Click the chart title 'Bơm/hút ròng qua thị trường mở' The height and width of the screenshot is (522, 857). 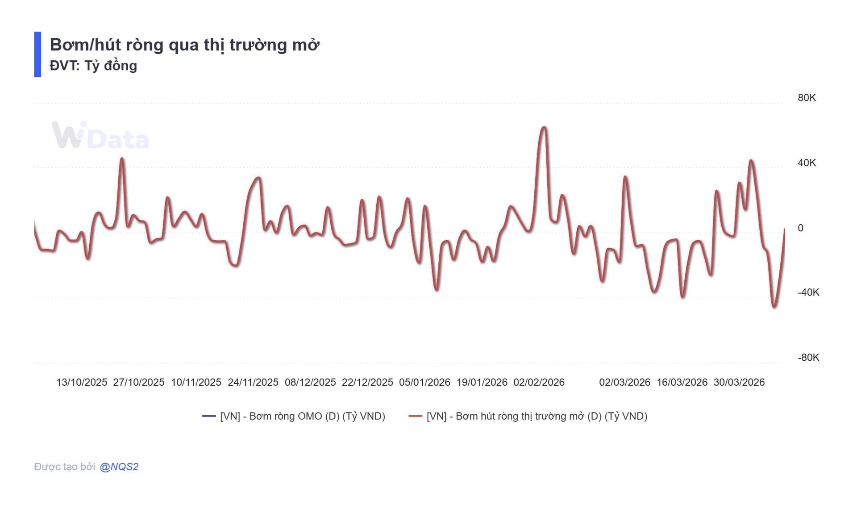pyautogui.click(x=184, y=45)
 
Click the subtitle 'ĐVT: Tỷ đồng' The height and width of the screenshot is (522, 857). pyautogui.click(x=93, y=66)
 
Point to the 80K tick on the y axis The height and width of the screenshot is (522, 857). pyautogui.click(x=807, y=98)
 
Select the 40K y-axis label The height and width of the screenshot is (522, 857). pyautogui.click(x=807, y=163)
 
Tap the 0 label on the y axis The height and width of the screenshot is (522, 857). pyautogui.click(x=800, y=228)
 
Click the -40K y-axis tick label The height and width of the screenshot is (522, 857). pyautogui.click(x=808, y=292)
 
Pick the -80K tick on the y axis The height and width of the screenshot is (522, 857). pyautogui.click(x=808, y=358)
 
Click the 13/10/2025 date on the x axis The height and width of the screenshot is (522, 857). pyautogui.click(x=82, y=383)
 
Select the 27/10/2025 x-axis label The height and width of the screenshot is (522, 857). pyautogui.click(x=139, y=383)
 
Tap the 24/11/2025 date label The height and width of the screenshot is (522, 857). pyautogui.click(x=253, y=383)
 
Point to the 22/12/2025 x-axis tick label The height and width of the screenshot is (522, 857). pyautogui.click(x=367, y=383)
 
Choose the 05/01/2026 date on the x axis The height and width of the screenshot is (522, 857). pyautogui.click(x=424, y=383)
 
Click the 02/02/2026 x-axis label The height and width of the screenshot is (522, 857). pyautogui.click(x=539, y=383)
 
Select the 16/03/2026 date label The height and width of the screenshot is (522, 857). pyautogui.click(x=682, y=383)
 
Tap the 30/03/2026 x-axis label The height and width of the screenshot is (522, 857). pyautogui.click(x=739, y=383)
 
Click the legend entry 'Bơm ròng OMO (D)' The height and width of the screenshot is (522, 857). pyautogui.click(x=302, y=416)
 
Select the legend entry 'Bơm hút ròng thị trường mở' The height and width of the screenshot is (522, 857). pyautogui.click(x=537, y=416)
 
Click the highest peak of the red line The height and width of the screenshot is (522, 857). pyautogui.click(x=544, y=128)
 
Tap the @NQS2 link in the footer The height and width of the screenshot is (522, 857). pyautogui.click(x=119, y=467)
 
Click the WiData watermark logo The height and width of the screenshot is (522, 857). pyautogui.click(x=100, y=135)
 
